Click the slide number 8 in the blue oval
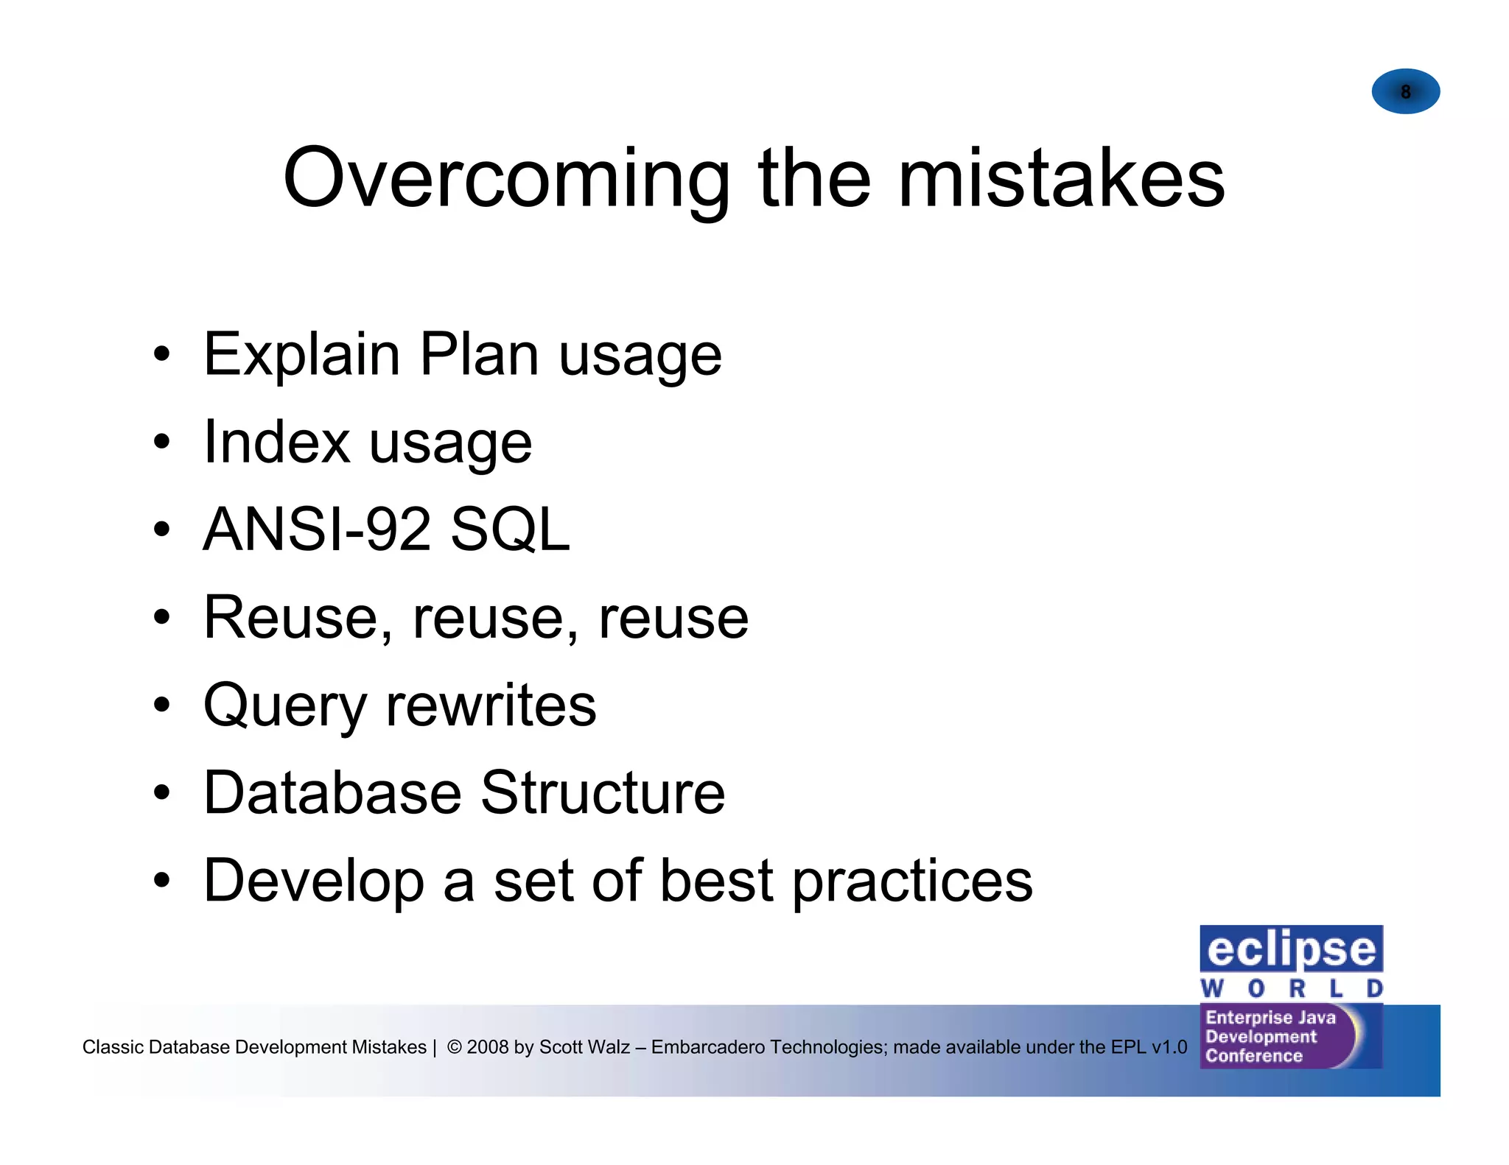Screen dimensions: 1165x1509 [x=1405, y=92]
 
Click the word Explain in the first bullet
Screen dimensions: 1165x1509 [x=301, y=356]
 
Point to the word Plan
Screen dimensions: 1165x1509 [x=479, y=356]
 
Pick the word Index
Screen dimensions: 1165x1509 [x=276, y=443]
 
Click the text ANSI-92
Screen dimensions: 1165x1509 [x=317, y=529]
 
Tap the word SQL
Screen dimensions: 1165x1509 [x=510, y=529]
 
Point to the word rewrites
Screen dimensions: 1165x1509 [x=491, y=705]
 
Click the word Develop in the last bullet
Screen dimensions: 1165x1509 [x=314, y=881]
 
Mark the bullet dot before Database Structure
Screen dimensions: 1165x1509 [x=161, y=794]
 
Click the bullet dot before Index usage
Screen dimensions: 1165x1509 [x=161, y=443]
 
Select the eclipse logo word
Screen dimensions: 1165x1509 [x=1291, y=949]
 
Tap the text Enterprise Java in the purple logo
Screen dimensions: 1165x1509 [x=1270, y=1018]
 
